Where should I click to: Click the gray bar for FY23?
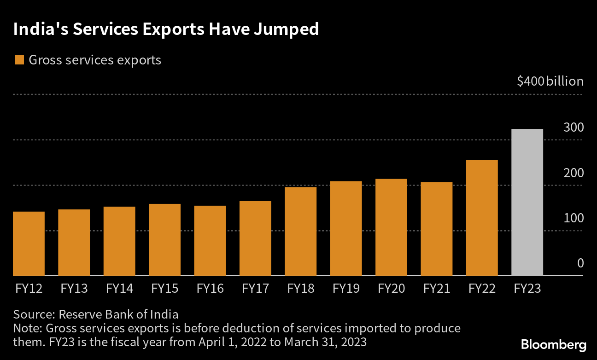tap(527, 203)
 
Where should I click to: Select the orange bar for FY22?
tap(482, 218)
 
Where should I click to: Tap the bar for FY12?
tap(29, 244)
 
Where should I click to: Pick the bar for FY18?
tap(300, 232)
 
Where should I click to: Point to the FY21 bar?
tap(436, 229)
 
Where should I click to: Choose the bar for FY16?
tap(210, 241)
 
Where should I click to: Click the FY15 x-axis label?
tap(164, 289)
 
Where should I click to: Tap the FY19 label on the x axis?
tap(346, 289)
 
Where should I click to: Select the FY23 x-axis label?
tap(527, 289)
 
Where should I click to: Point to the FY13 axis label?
tap(74, 289)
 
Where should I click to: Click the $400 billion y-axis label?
tap(550, 81)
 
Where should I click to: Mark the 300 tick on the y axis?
tap(574, 128)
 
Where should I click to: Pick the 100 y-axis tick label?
tap(574, 218)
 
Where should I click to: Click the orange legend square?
tap(19, 60)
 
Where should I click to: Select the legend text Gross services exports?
tap(95, 60)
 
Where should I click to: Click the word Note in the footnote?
tap(27, 329)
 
